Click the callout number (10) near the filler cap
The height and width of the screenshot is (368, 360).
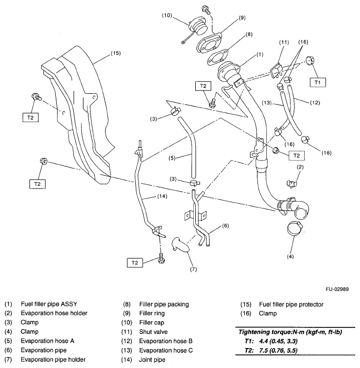(x=167, y=16)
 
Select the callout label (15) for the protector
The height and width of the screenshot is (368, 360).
(x=115, y=53)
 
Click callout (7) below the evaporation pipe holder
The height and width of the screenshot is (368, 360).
(x=194, y=270)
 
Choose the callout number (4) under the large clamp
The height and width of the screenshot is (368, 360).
(x=290, y=257)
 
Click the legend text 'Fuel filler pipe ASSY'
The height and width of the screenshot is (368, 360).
(x=49, y=304)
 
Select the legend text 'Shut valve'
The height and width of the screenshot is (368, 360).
(x=154, y=332)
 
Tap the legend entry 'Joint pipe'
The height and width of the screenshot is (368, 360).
(x=153, y=360)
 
